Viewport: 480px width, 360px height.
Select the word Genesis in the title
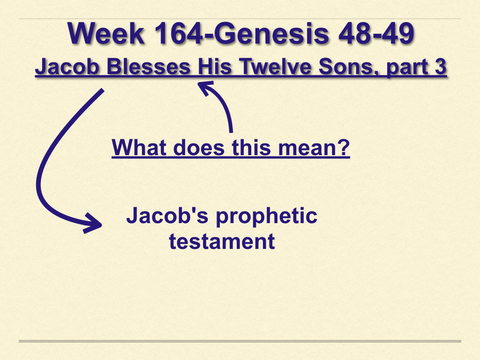(271, 33)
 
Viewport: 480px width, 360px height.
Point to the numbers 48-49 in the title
(376, 33)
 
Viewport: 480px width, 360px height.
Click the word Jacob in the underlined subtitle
(67, 67)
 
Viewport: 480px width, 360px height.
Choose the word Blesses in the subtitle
(149, 67)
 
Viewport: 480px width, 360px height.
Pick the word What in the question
(139, 148)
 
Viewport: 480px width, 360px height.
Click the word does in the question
(199, 148)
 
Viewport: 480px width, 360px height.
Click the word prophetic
(267, 217)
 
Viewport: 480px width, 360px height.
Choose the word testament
(222, 241)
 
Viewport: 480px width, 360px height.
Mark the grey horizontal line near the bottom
(240, 341)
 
